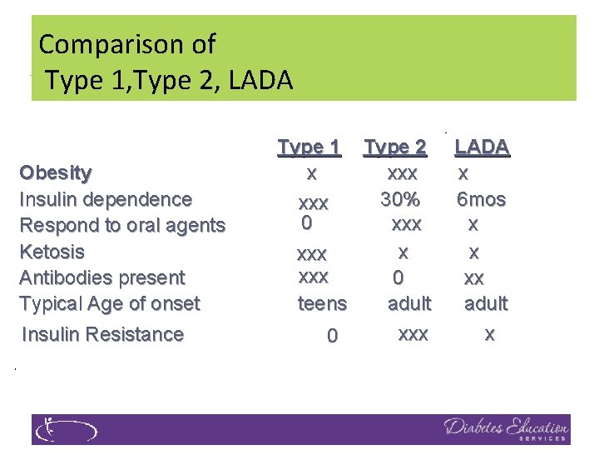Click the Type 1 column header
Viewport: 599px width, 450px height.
(x=309, y=147)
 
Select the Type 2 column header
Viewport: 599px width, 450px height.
(x=395, y=147)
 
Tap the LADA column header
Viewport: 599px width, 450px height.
(x=482, y=147)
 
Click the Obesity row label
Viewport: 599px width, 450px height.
(x=56, y=173)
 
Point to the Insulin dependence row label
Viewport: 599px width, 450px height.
(x=106, y=200)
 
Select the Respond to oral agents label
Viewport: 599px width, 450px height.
(x=122, y=226)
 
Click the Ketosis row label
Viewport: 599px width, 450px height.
(x=52, y=252)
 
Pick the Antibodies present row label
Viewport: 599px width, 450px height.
(x=102, y=277)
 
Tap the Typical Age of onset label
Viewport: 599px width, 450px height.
(x=109, y=303)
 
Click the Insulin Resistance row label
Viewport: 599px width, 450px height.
(x=102, y=334)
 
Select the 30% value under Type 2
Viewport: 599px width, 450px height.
(x=400, y=200)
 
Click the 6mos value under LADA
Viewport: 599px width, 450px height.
(x=481, y=200)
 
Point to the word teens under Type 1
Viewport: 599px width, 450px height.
(x=322, y=304)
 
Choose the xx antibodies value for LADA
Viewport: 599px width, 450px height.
(x=473, y=277)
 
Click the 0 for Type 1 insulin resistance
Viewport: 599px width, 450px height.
(x=332, y=336)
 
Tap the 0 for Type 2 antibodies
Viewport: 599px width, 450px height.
(x=399, y=277)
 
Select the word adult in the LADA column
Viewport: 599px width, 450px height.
(x=486, y=303)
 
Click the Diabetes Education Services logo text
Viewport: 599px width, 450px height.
(x=506, y=429)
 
